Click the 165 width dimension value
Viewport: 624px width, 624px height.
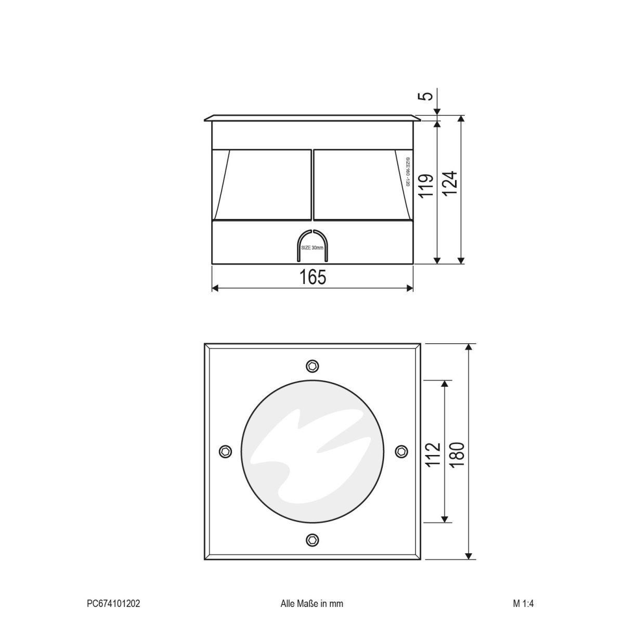coord(313,278)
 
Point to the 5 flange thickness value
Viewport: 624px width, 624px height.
coord(426,97)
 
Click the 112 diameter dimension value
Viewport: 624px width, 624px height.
coord(433,453)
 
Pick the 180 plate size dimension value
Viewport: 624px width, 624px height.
coord(457,453)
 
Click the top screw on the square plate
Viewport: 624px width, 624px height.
coord(312,366)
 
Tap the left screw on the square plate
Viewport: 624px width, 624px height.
coord(225,451)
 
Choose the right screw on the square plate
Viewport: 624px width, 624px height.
coord(401,451)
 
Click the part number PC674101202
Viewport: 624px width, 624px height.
coord(113,604)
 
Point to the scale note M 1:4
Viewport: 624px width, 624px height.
coord(523,604)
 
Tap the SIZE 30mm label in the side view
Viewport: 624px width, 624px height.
coord(313,248)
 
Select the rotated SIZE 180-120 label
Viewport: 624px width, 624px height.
coord(408,172)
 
